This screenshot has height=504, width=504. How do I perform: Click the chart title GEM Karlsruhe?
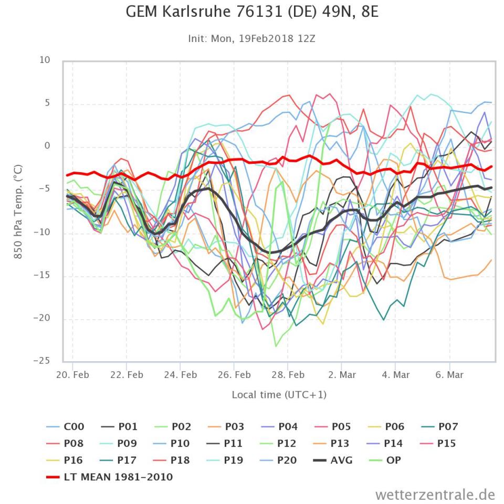[x=252, y=12]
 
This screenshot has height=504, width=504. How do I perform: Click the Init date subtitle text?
[x=252, y=38]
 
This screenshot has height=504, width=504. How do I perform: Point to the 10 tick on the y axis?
[x=45, y=60]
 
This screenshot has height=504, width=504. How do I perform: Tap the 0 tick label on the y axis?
[x=47, y=146]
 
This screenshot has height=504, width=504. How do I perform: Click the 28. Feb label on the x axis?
[x=288, y=375]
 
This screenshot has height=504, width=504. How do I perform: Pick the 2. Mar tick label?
[x=342, y=375]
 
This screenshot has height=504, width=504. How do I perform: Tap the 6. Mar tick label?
[x=450, y=375]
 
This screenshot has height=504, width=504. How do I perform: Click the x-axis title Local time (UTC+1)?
[x=279, y=394]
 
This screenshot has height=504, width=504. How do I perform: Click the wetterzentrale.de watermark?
[x=435, y=494]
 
